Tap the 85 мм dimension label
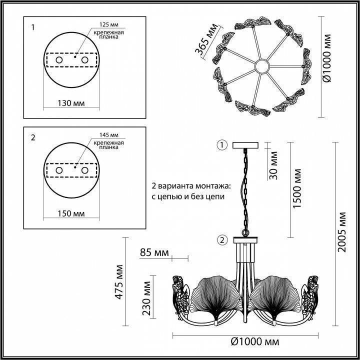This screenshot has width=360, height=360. (x=154, y=251)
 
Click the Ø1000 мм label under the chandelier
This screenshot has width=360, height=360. (x=254, y=342)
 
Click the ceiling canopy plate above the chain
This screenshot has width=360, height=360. (x=246, y=145)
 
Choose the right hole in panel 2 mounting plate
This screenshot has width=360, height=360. (x=84, y=170)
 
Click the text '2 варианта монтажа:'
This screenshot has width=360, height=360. (x=191, y=185)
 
